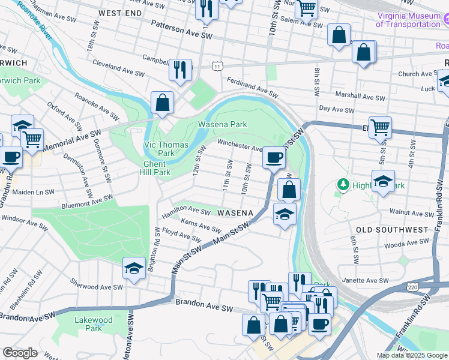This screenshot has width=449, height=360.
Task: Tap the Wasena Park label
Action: coord(223,125)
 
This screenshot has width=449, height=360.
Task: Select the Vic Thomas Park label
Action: coord(166,149)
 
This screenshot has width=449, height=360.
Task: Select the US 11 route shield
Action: coord(216,64)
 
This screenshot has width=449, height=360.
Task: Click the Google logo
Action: coord(20,353)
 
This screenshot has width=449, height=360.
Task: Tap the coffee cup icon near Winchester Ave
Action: coord(274,158)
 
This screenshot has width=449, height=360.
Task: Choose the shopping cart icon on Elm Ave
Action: coord(380,127)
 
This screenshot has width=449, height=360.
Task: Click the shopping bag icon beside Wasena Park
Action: coord(162,103)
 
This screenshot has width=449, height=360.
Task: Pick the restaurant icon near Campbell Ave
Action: coord(180,70)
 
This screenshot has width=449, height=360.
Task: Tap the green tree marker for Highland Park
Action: coord(344,184)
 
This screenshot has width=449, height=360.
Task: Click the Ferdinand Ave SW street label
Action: coord(252,87)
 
